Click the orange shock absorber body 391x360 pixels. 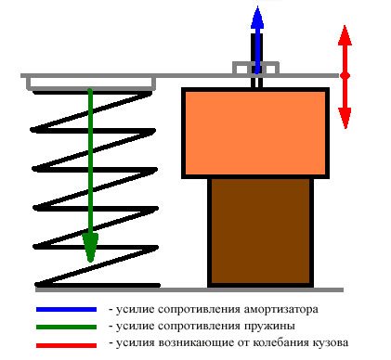pyautogui.click(x=254, y=133)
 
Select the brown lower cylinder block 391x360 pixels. pyautogui.click(x=259, y=231)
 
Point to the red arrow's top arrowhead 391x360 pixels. pyautogui.click(x=344, y=35)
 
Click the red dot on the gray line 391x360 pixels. pyautogui.click(x=344, y=75)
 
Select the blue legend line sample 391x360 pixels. pyautogui.click(x=66, y=308)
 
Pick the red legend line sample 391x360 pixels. pyautogui.click(x=66, y=343)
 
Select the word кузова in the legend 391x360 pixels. pyautogui.click(x=331, y=343)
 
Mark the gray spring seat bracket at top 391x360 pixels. pyautogui.click(x=90, y=84)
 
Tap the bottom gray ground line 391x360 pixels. pyautogui.click(x=186, y=289)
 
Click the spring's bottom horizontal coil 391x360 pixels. pyautogui.click(x=93, y=283)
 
